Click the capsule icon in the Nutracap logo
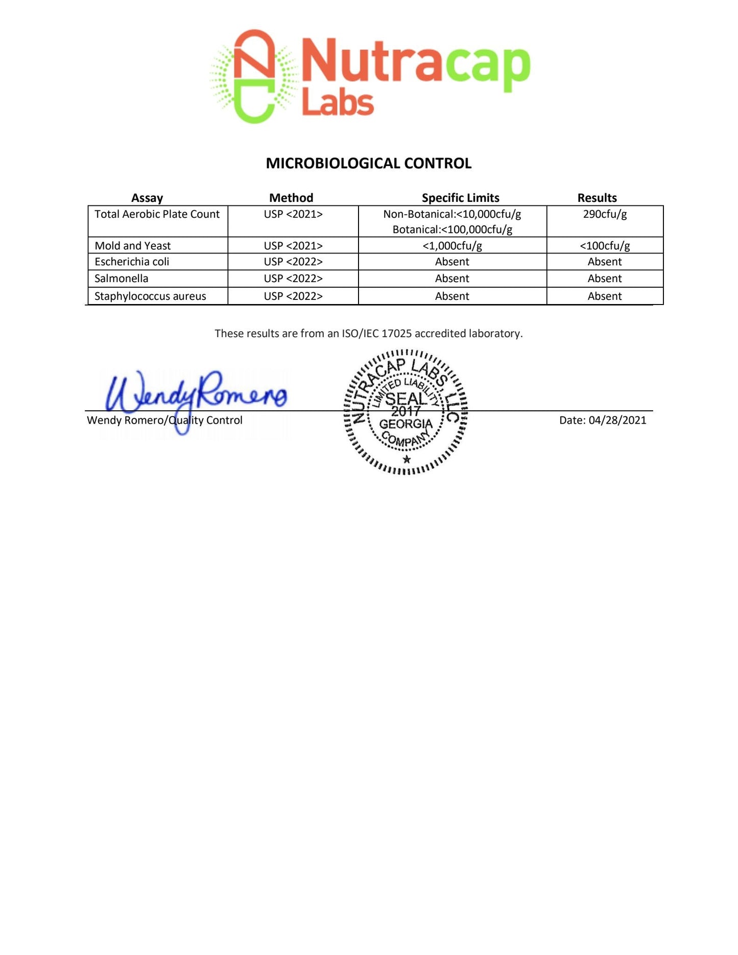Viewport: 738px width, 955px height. click(254, 76)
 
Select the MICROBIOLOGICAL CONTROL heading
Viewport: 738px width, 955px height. click(368, 164)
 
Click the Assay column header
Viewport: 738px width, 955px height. click(147, 198)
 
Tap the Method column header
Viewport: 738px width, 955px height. click(291, 198)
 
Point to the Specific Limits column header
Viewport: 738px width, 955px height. click(460, 198)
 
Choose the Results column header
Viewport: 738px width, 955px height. click(597, 198)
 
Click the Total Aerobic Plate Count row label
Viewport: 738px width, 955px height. click(157, 214)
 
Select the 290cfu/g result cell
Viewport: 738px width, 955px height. click(605, 214)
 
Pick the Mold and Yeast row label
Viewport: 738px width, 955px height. click(133, 246)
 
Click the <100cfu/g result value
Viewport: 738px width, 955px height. click(605, 246)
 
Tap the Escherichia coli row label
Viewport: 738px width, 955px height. click(132, 262)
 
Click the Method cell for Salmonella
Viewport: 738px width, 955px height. click(293, 278)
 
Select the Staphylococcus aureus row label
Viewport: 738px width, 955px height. click(150, 296)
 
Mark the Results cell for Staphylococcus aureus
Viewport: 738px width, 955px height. click(605, 296)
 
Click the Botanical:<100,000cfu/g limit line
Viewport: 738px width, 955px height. click(452, 230)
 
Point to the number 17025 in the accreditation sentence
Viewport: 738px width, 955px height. click(396, 334)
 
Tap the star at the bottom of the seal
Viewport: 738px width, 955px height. click(407, 459)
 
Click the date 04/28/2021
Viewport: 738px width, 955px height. click(617, 420)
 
